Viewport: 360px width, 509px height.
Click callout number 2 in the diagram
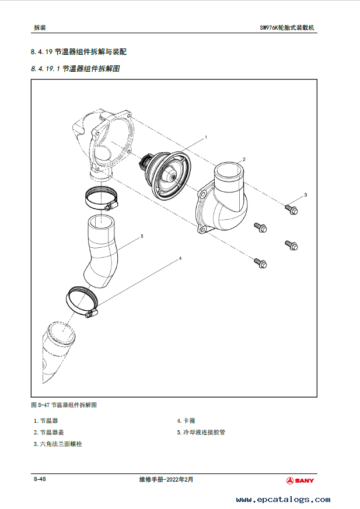(244, 159)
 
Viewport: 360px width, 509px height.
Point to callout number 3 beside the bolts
(305, 194)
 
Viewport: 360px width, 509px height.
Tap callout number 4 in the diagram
(180, 258)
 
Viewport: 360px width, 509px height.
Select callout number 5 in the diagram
(142, 237)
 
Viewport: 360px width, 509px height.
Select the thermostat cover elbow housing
(225, 201)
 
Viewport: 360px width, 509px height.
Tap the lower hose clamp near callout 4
(81, 301)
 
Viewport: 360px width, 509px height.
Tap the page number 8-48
(40, 479)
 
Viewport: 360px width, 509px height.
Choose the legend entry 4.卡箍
(186, 420)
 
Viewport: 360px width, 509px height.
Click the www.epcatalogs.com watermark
(283, 500)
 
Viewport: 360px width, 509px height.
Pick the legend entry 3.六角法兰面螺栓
(58, 444)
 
